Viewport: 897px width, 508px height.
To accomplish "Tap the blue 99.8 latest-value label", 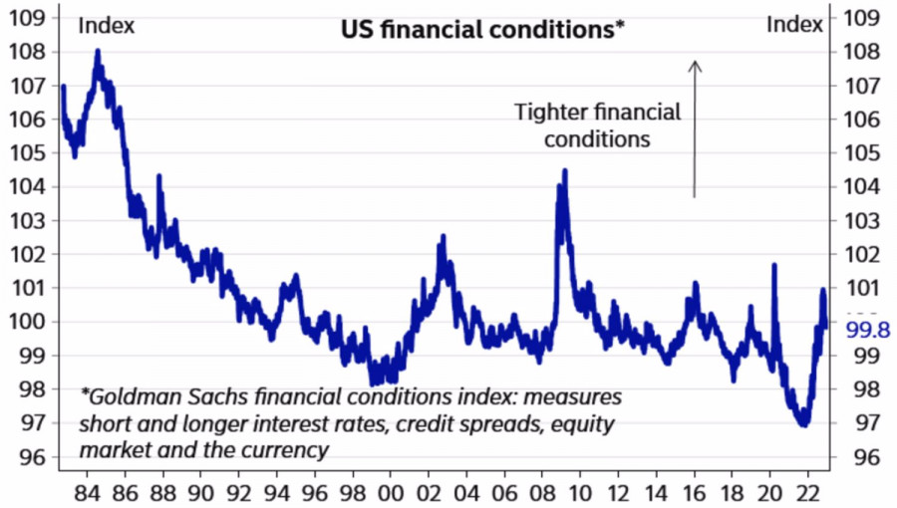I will click(x=867, y=330).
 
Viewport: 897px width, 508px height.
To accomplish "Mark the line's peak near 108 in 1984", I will click(x=98, y=50).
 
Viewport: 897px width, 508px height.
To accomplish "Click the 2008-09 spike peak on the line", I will click(x=565, y=170).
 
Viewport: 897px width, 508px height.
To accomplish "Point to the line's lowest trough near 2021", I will click(x=802, y=425).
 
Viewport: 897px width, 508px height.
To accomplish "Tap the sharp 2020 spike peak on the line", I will click(x=773, y=265).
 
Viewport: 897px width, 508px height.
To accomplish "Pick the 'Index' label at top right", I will click(x=794, y=24).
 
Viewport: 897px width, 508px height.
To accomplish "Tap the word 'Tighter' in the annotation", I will click(x=551, y=112).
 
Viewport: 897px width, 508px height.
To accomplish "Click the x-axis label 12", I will click(x=620, y=492).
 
